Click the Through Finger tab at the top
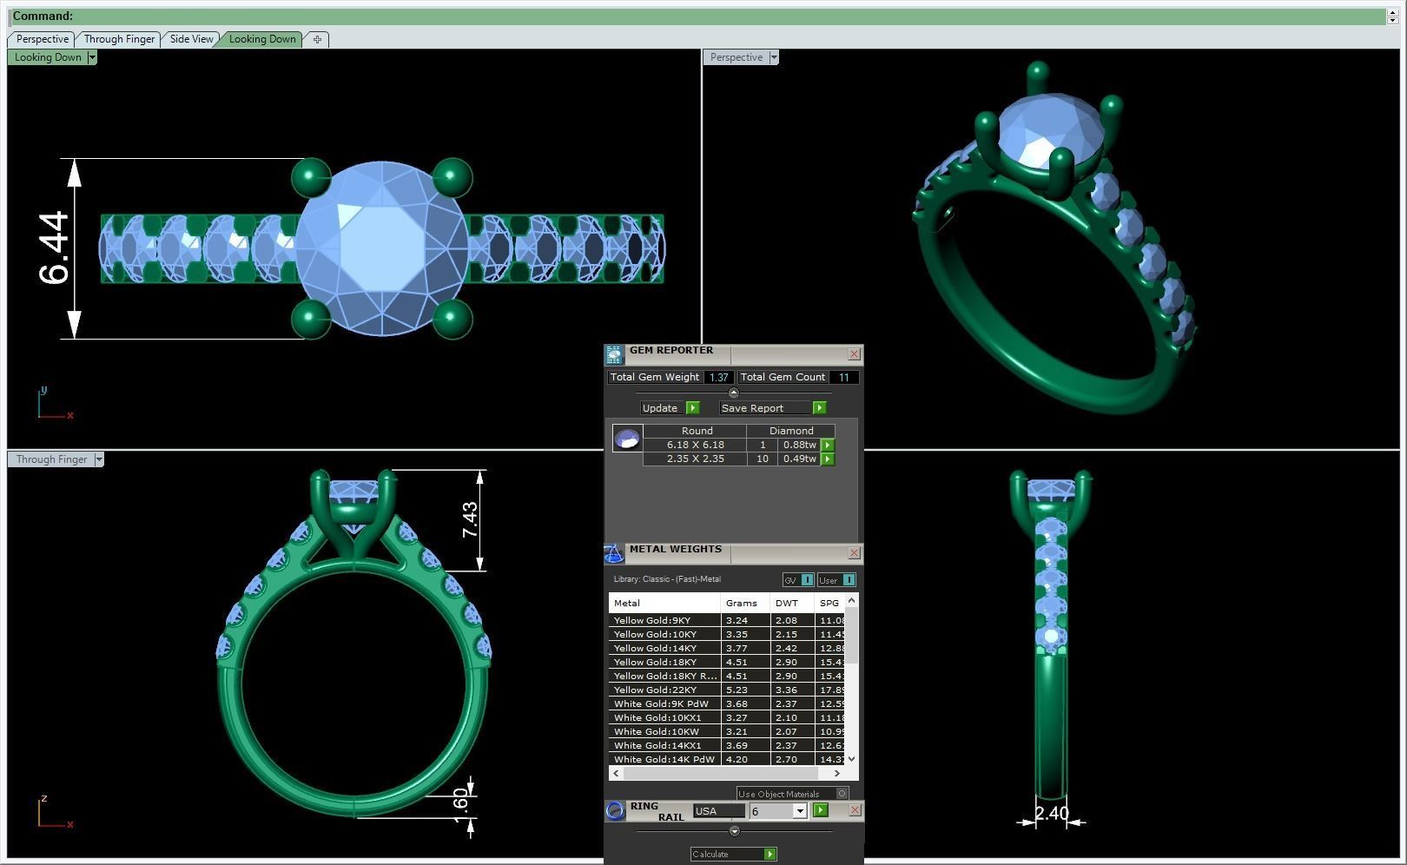(119, 39)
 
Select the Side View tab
(191, 39)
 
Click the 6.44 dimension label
(54, 248)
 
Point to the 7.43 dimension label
(470, 519)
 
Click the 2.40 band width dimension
(1051, 814)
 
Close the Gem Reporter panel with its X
(854, 354)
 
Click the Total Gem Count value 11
(842, 377)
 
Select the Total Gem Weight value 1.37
(718, 377)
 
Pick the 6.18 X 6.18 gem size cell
(695, 445)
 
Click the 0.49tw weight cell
(799, 459)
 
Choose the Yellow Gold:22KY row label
(655, 690)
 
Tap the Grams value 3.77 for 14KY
(737, 648)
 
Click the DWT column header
(787, 603)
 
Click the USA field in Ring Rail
(718, 811)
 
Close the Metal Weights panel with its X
(854, 553)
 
